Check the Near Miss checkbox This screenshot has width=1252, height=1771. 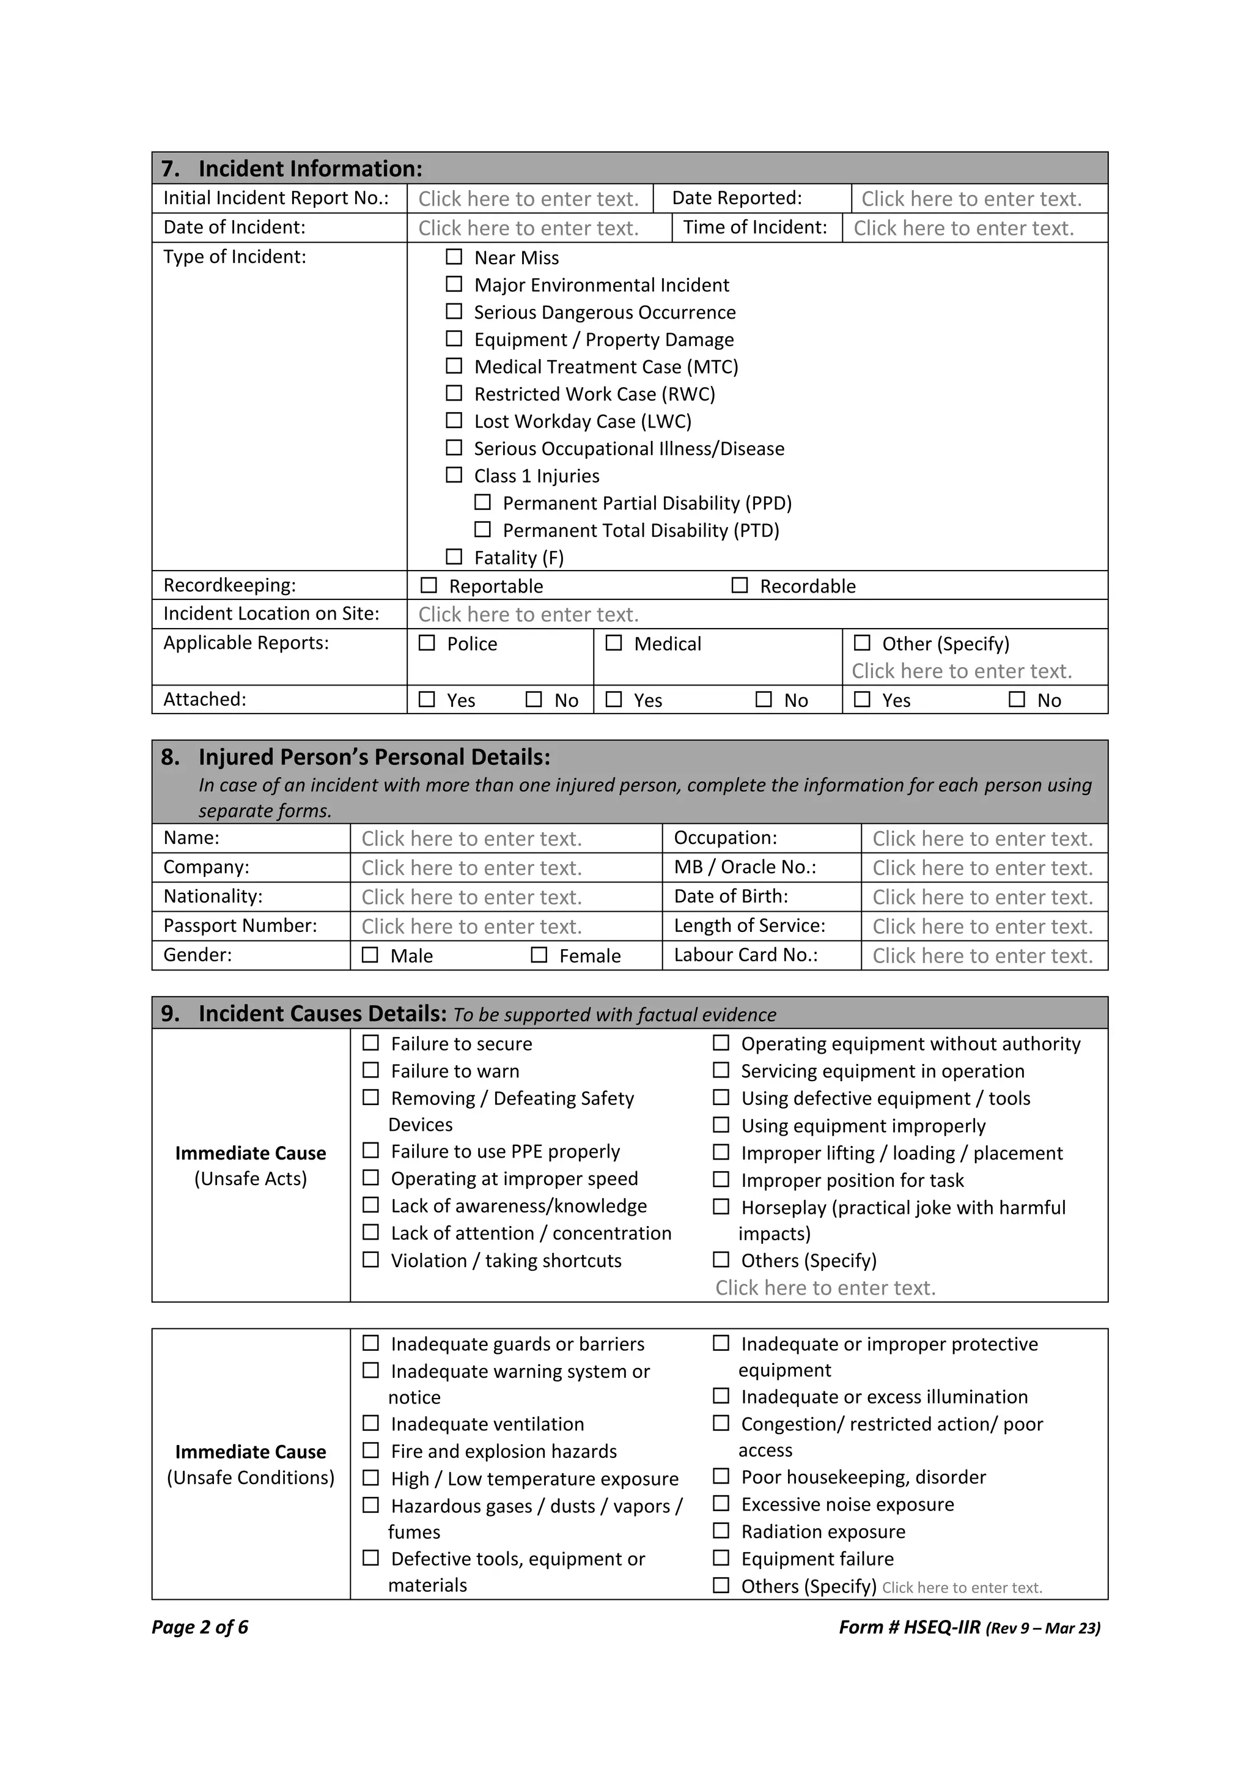(x=454, y=257)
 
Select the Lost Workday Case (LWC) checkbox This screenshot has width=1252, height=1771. (x=454, y=420)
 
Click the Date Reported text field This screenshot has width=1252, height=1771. (x=971, y=199)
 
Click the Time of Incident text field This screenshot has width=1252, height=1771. (x=963, y=228)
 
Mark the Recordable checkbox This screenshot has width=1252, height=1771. (x=739, y=585)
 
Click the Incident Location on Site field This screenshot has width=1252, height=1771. (x=528, y=615)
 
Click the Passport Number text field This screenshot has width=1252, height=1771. (x=471, y=926)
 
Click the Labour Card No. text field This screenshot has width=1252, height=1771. (x=982, y=956)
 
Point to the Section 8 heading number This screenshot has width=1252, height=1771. (x=169, y=756)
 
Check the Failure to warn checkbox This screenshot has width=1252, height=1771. (x=371, y=1070)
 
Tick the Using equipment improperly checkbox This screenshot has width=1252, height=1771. (x=721, y=1125)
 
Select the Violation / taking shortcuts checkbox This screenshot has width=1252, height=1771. (x=371, y=1260)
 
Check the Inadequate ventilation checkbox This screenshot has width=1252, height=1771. (x=371, y=1422)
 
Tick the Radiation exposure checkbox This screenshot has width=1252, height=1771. (x=721, y=1530)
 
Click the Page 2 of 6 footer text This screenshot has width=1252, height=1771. (x=200, y=1627)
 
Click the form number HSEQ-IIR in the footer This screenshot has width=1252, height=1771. (x=941, y=1627)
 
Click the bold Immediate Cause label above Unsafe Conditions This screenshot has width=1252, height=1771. (x=251, y=1452)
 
